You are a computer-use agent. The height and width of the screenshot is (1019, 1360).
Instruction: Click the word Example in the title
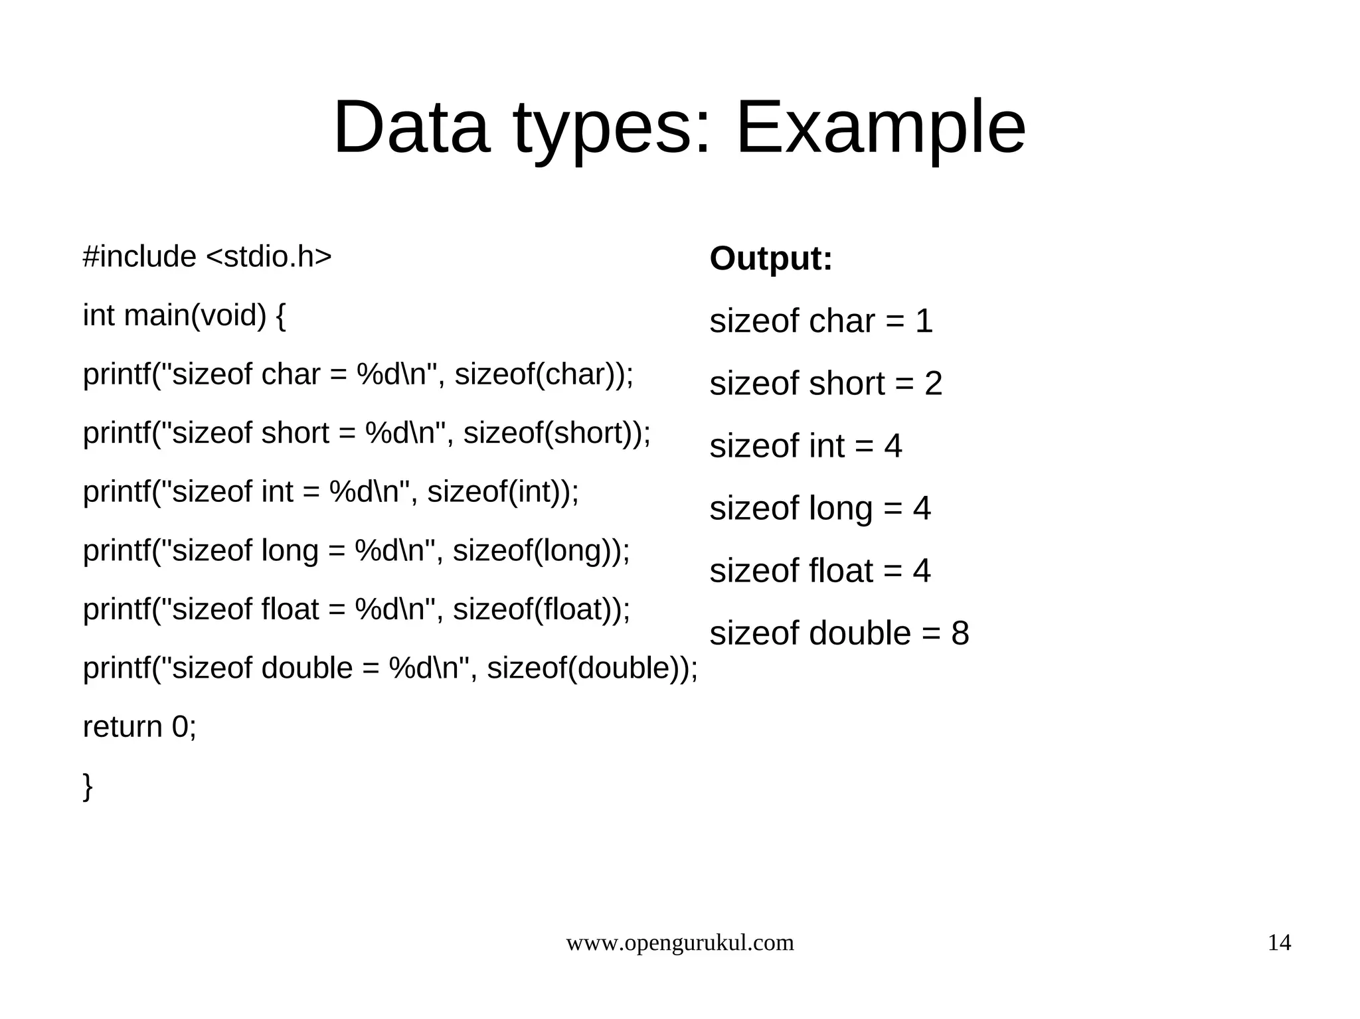(x=881, y=127)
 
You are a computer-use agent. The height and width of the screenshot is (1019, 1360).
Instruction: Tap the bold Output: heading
(x=770, y=258)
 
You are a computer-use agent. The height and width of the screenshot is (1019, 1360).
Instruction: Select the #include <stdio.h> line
(x=207, y=257)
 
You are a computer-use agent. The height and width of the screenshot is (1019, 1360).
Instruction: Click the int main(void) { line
(x=184, y=315)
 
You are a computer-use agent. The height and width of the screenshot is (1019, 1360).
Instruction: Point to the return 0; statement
(x=139, y=727)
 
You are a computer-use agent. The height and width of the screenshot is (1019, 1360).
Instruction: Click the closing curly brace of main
(x=88, y=787)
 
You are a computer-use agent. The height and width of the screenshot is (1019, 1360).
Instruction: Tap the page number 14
(x=1279, y=943)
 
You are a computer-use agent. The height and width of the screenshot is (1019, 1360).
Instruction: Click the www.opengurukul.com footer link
(x=679, y=943)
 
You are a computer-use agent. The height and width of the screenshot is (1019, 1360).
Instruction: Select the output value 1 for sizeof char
(x=924, y=321)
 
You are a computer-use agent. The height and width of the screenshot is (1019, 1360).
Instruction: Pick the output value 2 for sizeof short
(x=933, y=384)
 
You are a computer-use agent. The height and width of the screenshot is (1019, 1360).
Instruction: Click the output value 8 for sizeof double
(x=960, y=633)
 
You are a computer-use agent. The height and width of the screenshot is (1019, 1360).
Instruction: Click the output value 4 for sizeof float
(x=922, y=571)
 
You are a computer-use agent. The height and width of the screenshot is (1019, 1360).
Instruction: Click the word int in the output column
(x=825, y=446)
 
